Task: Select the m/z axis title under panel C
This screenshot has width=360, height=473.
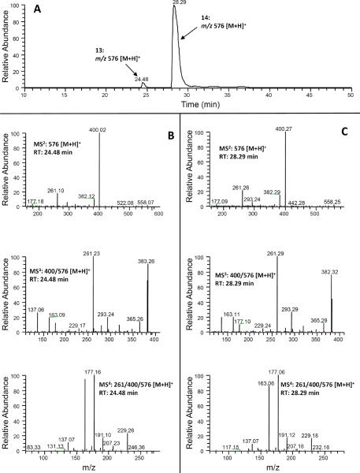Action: tap(268, 466)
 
